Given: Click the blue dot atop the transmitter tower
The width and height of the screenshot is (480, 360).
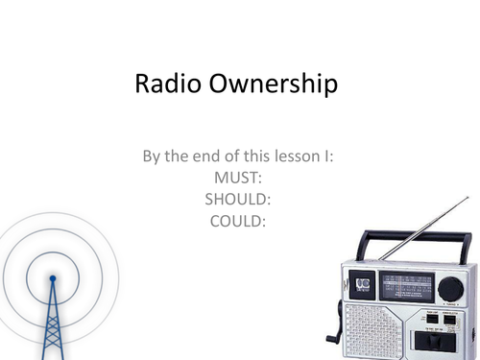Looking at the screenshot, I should [53, 279].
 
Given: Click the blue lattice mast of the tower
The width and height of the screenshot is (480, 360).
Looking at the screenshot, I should [54, 322].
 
